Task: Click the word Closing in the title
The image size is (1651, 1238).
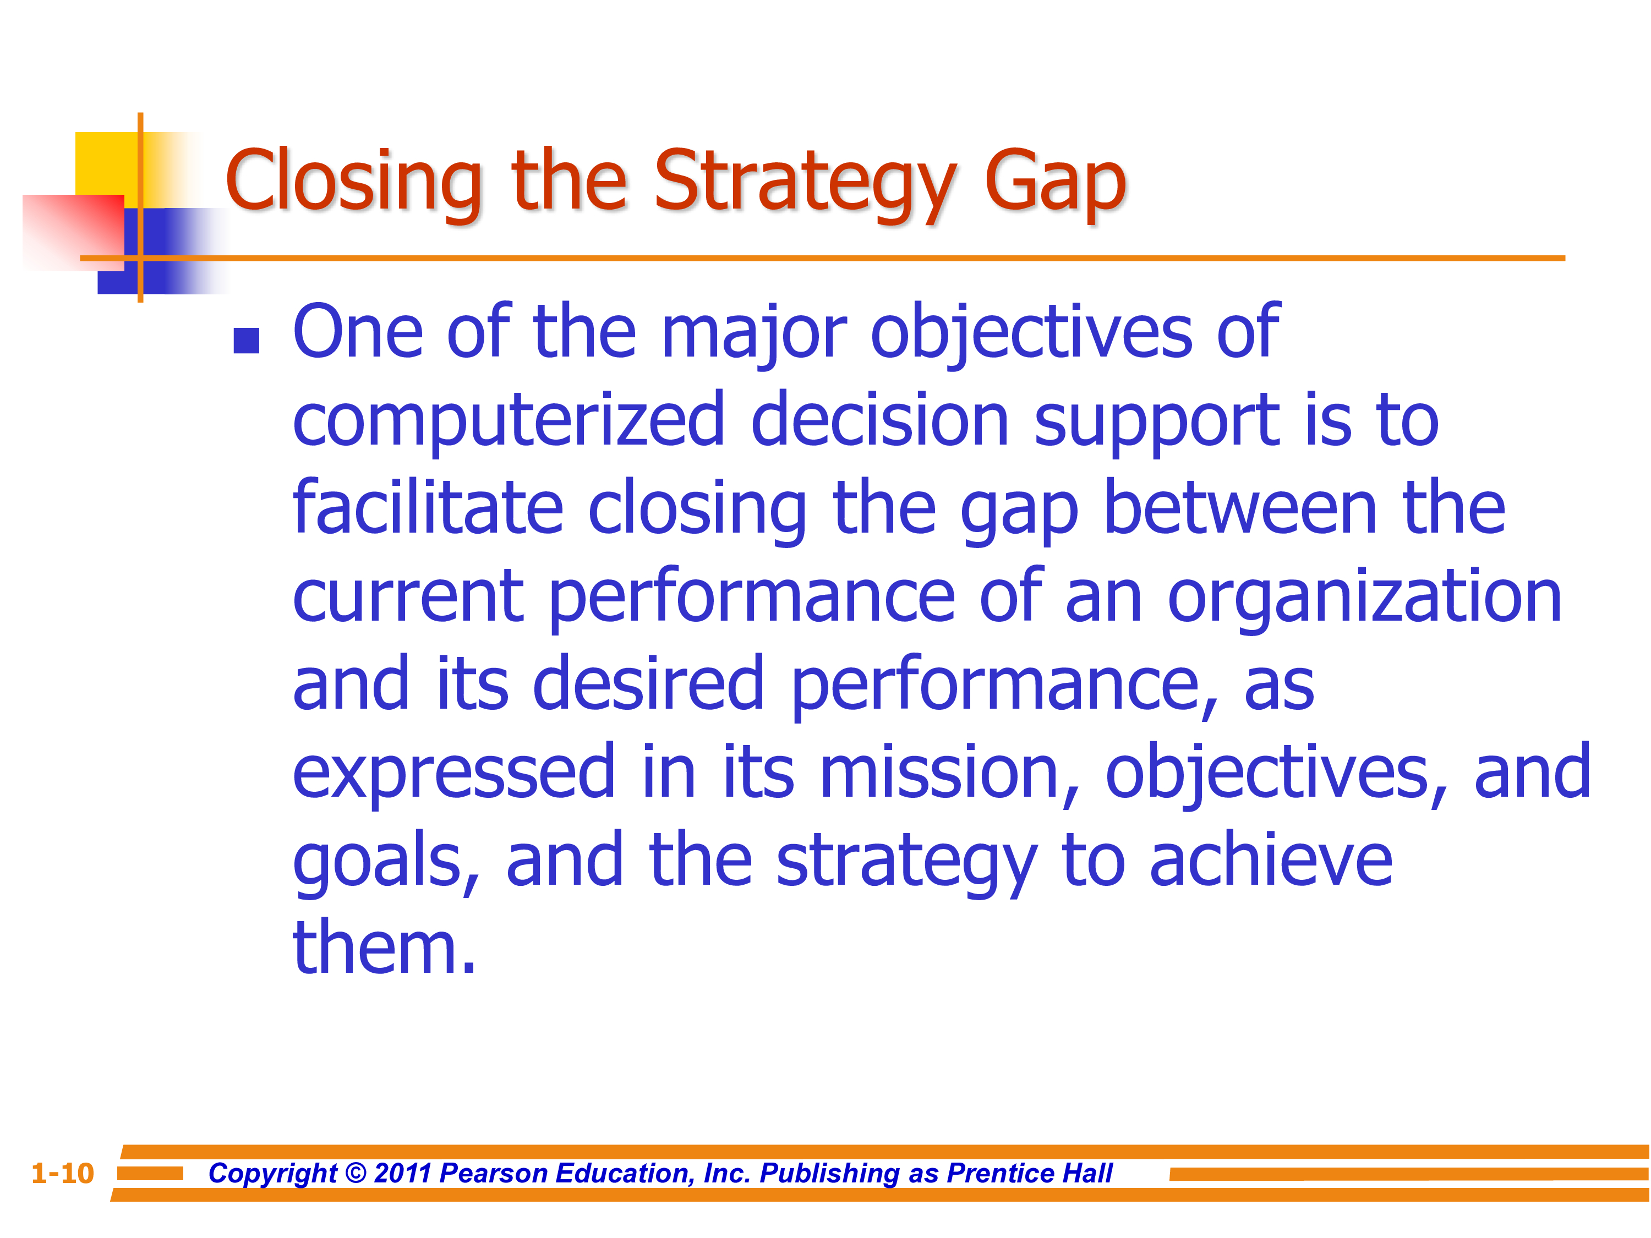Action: point(354,182)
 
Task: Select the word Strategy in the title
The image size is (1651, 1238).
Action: point(805,182)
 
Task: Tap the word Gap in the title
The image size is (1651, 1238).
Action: point(1054,182)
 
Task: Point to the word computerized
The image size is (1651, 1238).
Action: point(509,421)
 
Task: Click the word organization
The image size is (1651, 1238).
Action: point(1364,597)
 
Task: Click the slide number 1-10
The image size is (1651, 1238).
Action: point(63,1173)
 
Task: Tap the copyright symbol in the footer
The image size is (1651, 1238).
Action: point(356,1173)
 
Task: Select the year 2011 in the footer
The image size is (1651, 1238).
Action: point(402,1173)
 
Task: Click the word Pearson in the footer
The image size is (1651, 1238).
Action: point(494,1173)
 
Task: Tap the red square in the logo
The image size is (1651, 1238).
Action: point(73,232)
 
